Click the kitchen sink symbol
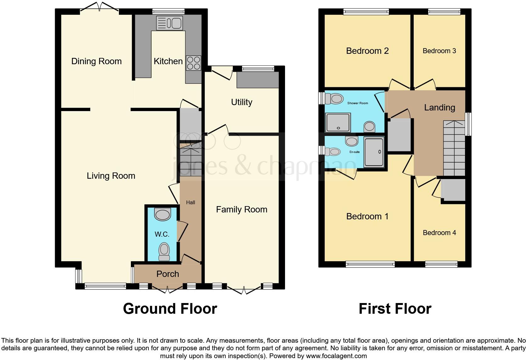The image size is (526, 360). click(169, 23)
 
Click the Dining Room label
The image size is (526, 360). click(96, 61)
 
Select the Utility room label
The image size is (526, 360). click(242, 102)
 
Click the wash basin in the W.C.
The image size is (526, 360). click(162, 215)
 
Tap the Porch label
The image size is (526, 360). click(168, 274)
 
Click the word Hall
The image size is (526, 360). click(190, 202)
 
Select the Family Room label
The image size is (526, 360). click(242, 210)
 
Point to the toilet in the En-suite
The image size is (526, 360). click(332, 152)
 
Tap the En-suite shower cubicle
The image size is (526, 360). click(374, 152)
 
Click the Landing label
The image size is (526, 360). click(439, 108)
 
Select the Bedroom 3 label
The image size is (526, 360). click(439, 51)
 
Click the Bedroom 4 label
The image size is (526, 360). click(439, 233)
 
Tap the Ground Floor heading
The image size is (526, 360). click(170, 309)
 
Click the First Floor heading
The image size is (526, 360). click(395, 309)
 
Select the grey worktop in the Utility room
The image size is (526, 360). click(258, 80)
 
